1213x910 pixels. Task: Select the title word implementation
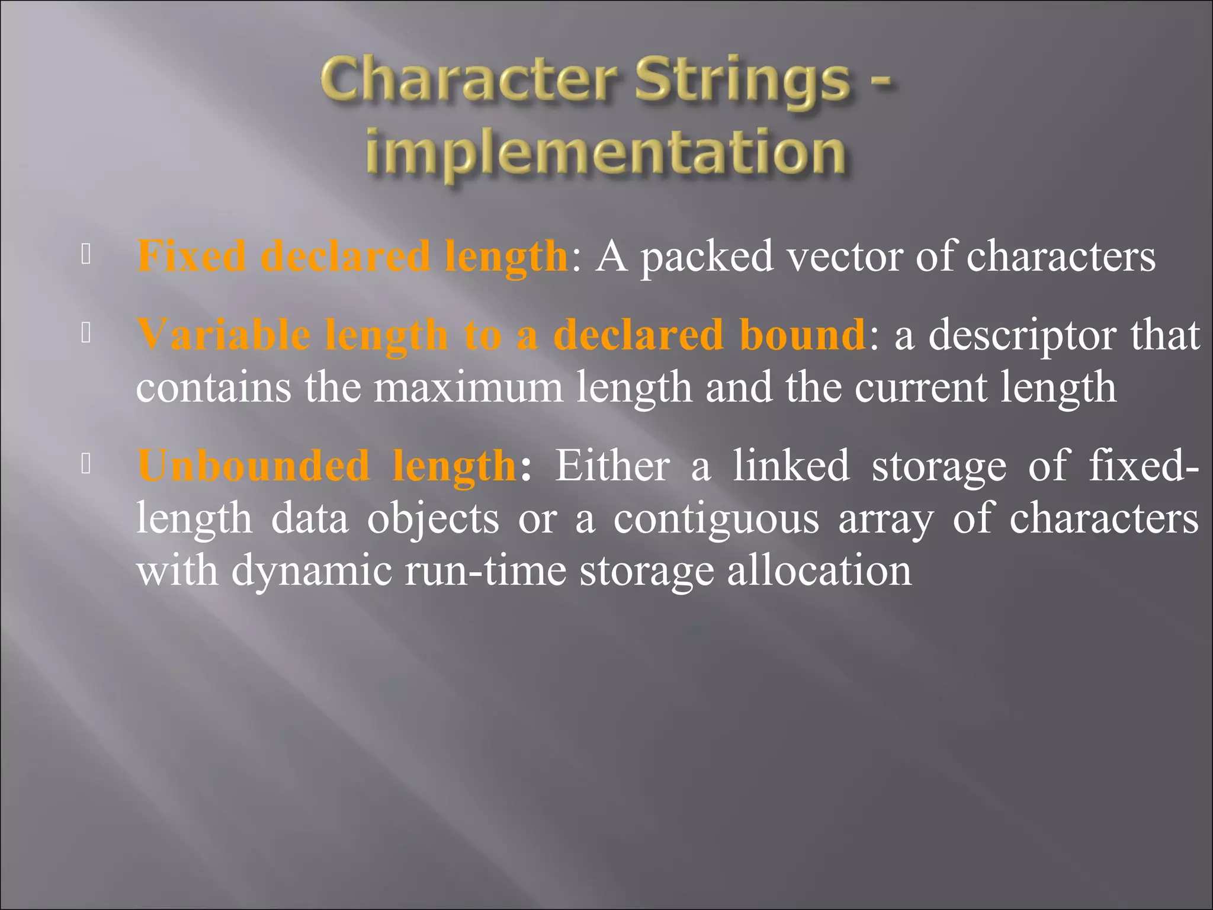pyautogui.click(x=605, y=153)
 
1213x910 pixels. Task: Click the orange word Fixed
pyautogui.click(x=191, y=256)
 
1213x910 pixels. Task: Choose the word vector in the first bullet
pyautogui.click(x=844, y=256)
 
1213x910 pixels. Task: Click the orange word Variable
pyautogui.click(x=223, y=335)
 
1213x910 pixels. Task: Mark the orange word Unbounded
pyautogui.click(x=253, y=466)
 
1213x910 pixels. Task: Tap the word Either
pyautogui.click(x=612, y=466)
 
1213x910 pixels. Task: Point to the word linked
pyautogui.click(x=791, y=466)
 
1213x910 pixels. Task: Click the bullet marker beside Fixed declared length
pyautogui.click(x=86, y=254)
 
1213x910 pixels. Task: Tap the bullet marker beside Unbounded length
pyautogui.click(x=86, y=464)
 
